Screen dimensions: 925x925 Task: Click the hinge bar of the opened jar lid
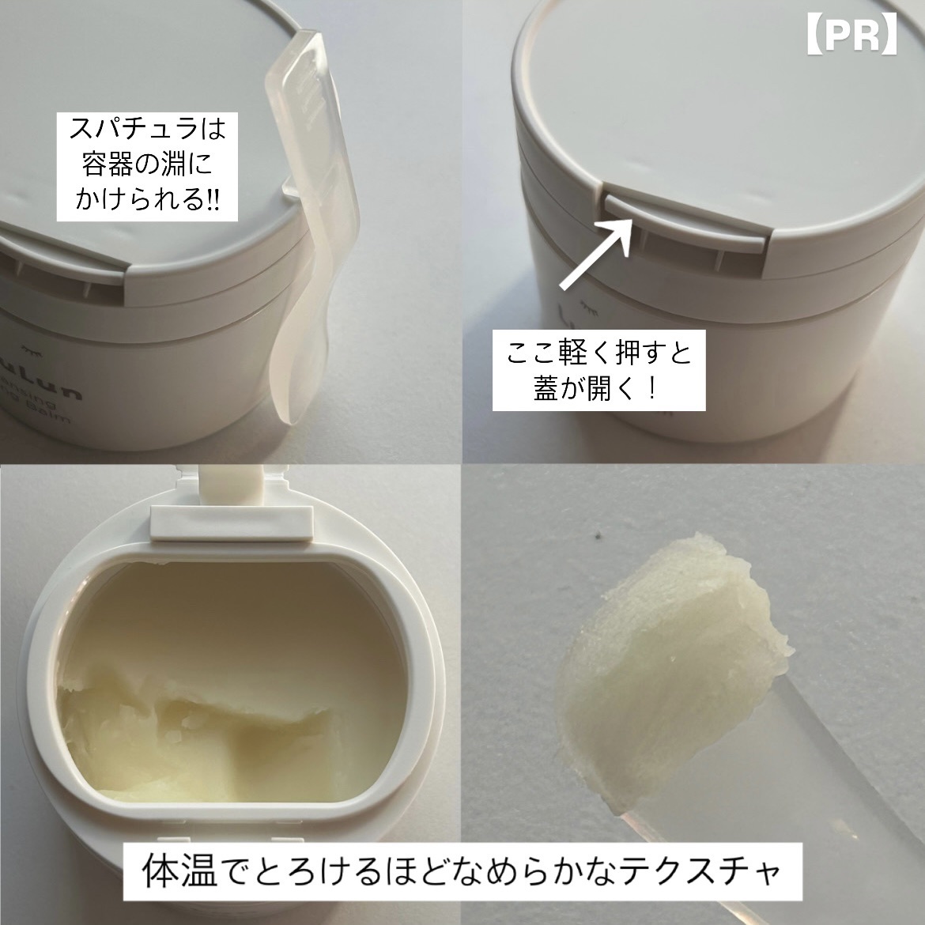click(229, 519)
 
